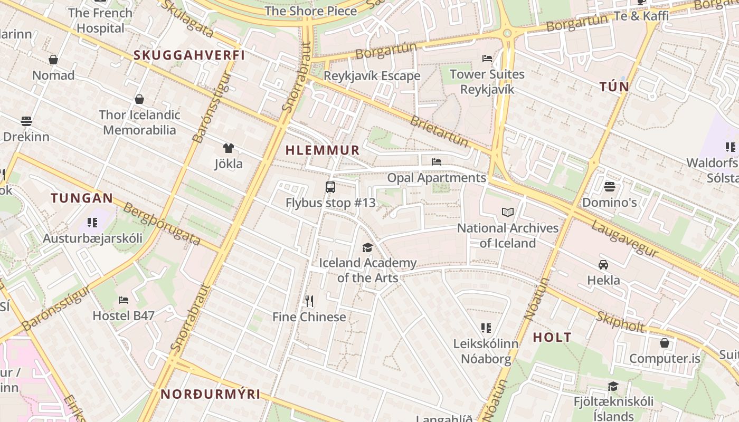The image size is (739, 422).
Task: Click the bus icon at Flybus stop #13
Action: [330, 187]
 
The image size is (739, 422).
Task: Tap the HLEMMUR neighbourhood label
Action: [322, 150]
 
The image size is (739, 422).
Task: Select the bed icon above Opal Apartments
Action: [437, 162]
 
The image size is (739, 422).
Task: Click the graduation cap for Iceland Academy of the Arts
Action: [367, 247]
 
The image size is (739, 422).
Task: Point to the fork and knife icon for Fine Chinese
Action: [309, 301]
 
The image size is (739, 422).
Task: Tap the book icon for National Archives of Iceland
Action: [508, 212]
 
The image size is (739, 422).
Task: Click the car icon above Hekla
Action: [603, 264]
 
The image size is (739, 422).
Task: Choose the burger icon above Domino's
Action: [610, 186]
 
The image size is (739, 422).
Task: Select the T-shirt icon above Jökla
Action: [229, 148]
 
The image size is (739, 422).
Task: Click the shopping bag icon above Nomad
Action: [53, 60]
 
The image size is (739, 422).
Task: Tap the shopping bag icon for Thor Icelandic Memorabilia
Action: [139, 99]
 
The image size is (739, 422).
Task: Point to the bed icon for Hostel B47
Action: [124, 300]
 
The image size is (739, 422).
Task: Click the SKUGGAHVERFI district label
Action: [189, 55]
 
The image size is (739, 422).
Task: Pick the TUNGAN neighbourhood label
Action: [82, 198]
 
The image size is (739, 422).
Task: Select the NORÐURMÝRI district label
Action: [211, 394]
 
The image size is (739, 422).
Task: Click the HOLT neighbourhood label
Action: [552, 338]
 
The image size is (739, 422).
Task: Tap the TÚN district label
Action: [614, 87]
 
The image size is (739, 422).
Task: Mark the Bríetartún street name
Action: [439, 131]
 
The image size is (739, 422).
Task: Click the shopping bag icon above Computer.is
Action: [665, 343]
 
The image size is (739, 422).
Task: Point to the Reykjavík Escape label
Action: [372, 76]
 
